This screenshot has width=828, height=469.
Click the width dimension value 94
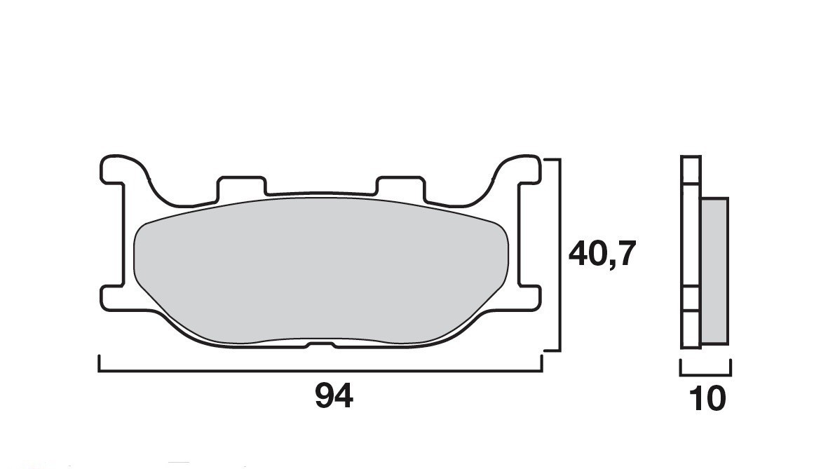334,397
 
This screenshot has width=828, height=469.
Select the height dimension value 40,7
602,254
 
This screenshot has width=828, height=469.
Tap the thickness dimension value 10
707,399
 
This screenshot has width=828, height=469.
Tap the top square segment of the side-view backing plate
691,170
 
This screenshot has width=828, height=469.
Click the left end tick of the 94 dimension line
100,363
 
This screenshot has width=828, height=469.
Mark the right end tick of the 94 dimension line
541,363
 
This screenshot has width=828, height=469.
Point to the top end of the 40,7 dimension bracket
552,160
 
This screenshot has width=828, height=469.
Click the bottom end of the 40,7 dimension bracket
552,349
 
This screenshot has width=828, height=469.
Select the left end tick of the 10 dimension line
681,367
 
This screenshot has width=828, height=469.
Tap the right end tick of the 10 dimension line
731,367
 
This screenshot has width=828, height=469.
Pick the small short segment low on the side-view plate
691,299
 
